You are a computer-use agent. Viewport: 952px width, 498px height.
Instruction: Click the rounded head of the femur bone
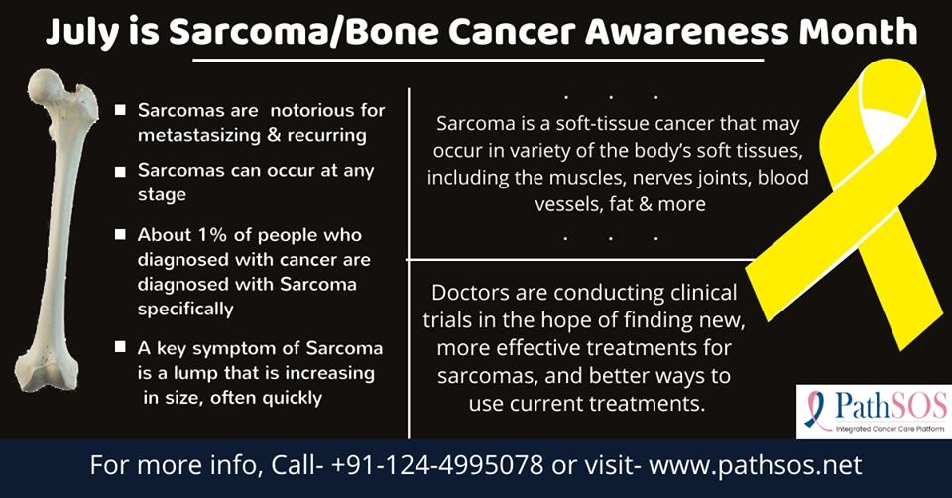(x=45, y=84)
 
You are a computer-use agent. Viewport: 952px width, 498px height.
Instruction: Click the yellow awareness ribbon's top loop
(x=875, y=115)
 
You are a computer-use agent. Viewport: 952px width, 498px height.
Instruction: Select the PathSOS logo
(x=874, y=411)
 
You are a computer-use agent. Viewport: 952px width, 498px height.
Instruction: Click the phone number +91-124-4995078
(x=437, y=466)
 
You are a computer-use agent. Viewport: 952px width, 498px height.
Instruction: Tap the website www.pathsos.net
(x=756, y=466)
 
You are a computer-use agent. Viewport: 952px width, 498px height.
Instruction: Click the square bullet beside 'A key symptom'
(x=120, y=347)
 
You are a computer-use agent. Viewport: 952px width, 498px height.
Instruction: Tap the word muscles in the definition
(x=588, y=178)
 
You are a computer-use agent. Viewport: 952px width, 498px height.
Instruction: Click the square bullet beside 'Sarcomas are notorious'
(x=120, y=110)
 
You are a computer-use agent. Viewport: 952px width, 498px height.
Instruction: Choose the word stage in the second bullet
(x=162, y=196)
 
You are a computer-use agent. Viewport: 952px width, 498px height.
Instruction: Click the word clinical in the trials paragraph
(x=703, y=293)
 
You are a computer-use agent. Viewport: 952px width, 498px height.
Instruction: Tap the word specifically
(x=185, y=310)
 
